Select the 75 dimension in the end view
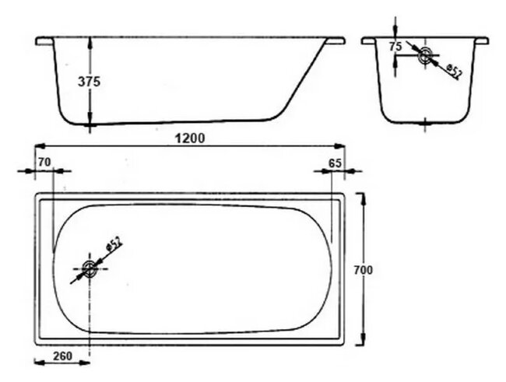tap(395, 47)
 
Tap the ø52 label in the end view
tap(454, 71)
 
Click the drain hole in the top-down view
tap(90, 270)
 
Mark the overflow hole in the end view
tap(424, 56)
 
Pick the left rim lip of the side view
tap(42, 40)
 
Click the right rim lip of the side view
tap(338, 40)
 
